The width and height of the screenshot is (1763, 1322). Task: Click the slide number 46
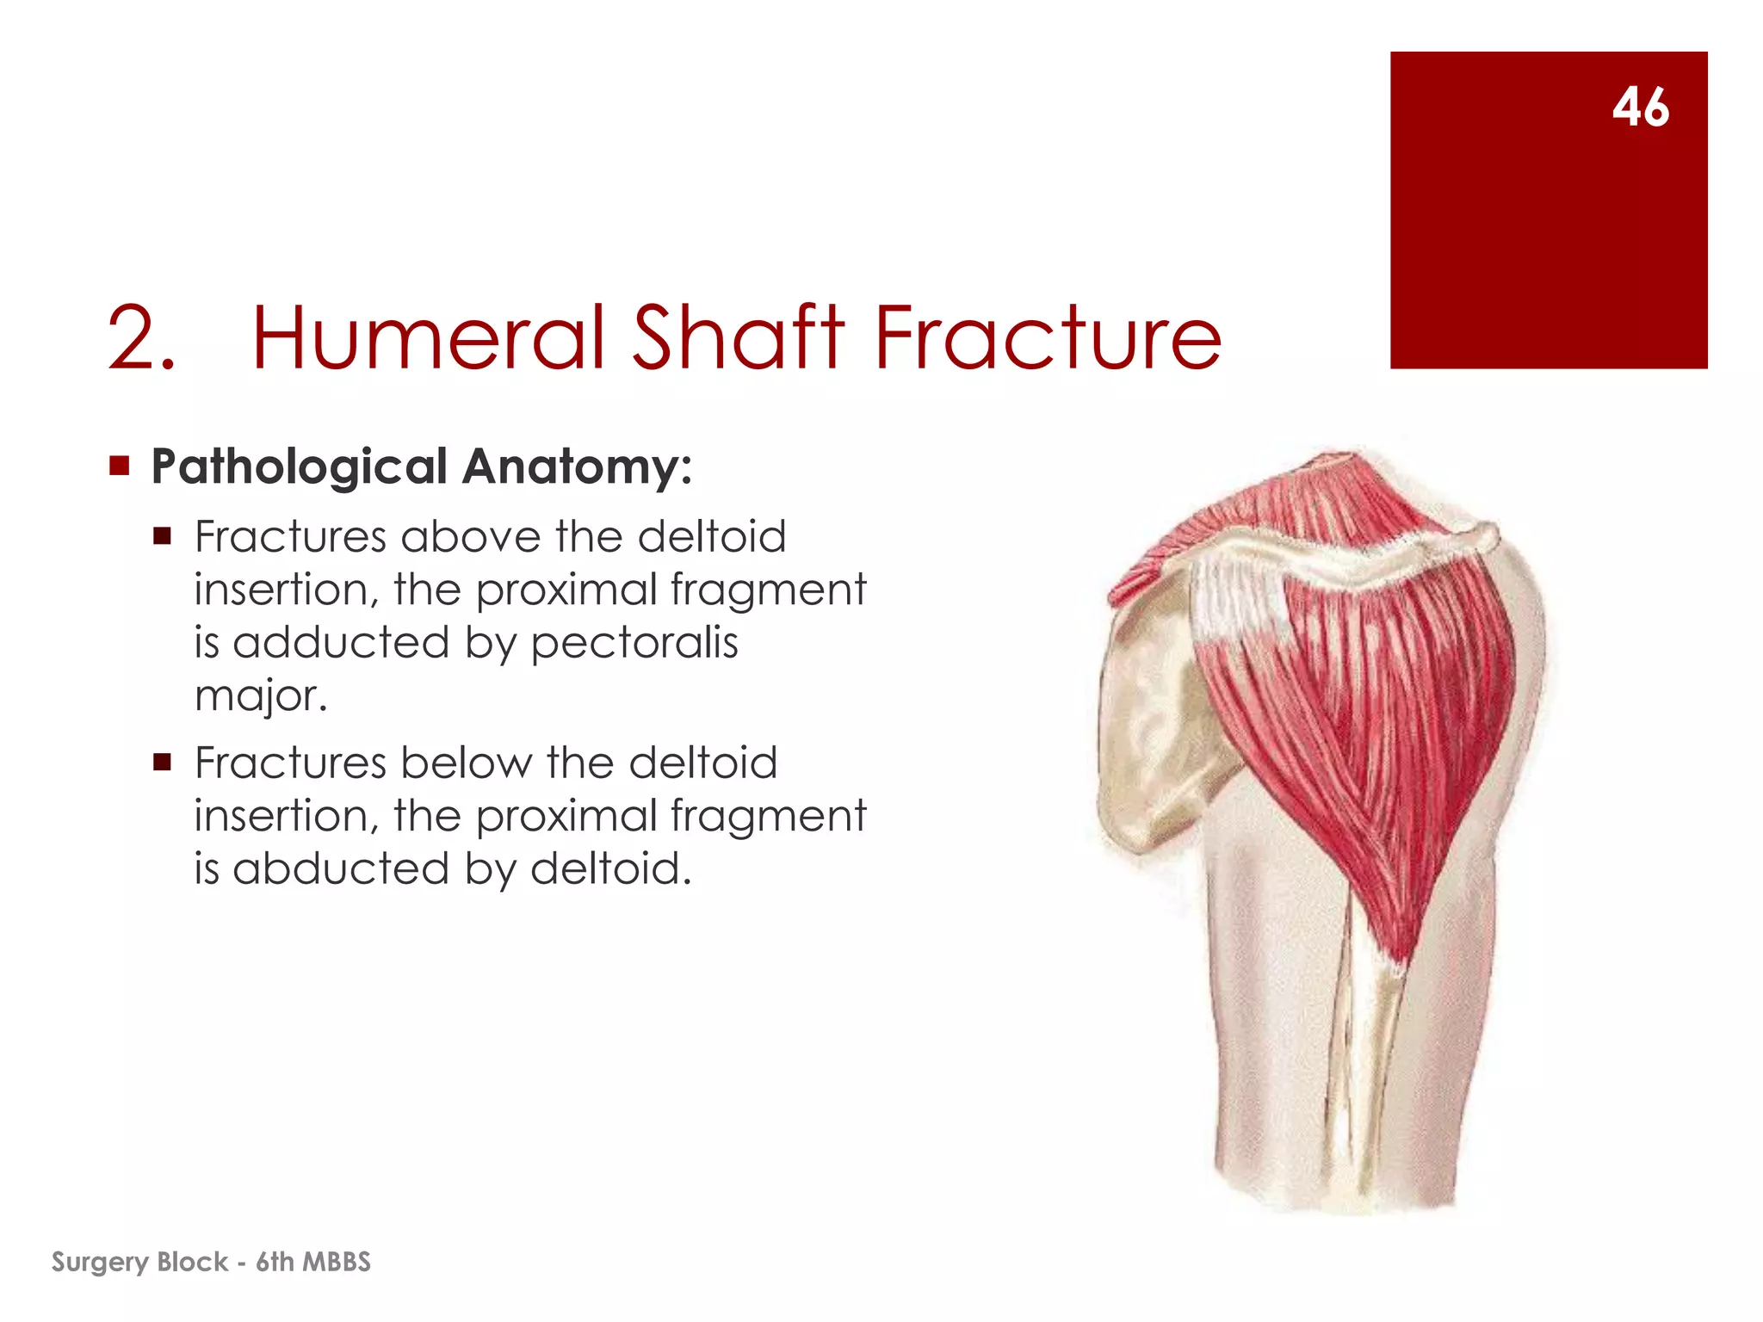pos(1641,108)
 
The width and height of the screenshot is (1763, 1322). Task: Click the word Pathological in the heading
pos(299,466)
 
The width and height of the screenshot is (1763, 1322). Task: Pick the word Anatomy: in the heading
pos(577,468)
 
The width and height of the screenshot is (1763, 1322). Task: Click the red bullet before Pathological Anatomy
pos(120,466)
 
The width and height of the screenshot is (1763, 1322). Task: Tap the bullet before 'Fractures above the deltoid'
pos(162,537)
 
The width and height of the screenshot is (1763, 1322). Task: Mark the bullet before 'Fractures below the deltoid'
pos(162,763)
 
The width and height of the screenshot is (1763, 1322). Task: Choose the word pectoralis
pos(634,644)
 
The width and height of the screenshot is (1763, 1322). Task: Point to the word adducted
pos(341,643)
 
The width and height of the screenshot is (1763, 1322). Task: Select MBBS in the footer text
pos(337,1262)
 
